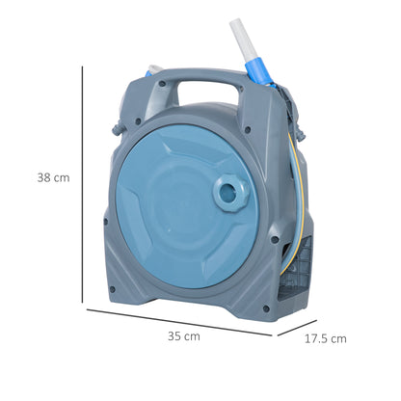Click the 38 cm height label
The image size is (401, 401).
tap(53, 177)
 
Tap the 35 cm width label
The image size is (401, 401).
tap(183, 336)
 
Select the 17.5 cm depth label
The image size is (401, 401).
tap(325, 338)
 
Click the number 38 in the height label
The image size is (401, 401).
tap(44, 177)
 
